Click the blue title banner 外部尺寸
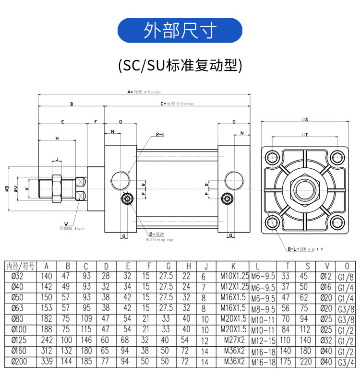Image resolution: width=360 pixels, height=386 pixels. pyautogui.click(x=180, y=30)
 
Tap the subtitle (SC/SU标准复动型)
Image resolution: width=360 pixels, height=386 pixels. pyautogui.click(x=180, y=65)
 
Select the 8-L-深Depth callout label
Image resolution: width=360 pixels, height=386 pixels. pyautogui.click(x=305, y=249)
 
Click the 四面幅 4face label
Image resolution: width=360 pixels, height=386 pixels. pyautogui.click(x=72, y=229)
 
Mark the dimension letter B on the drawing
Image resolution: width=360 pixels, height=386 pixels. pyautogui.click(x=71, y=104)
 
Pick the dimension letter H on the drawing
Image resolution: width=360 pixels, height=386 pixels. pyautogui.click(x=57, y=138)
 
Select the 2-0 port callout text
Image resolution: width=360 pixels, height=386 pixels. pyautogui.click(x=160, y=135)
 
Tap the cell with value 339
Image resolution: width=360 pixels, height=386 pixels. pyautogui.click(x=47, y=361)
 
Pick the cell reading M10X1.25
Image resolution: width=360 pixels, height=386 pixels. pyautogui.click(x=233, y=277)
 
